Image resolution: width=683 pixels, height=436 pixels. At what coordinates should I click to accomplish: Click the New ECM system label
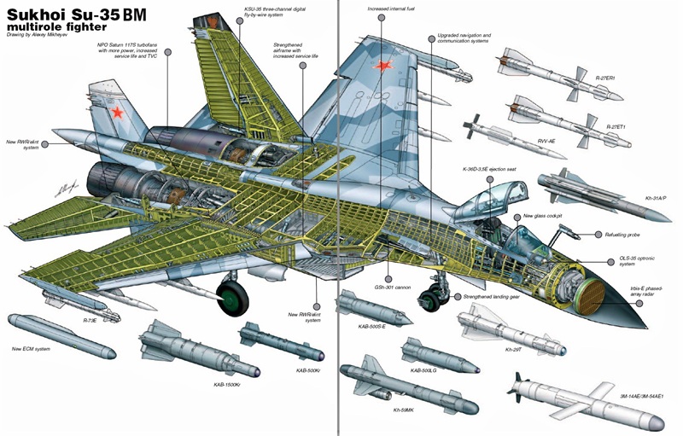pyautogui.click(x=32, y=348)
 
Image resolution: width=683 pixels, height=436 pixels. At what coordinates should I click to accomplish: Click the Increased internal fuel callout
pyautogui.click(x=392, y=9)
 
